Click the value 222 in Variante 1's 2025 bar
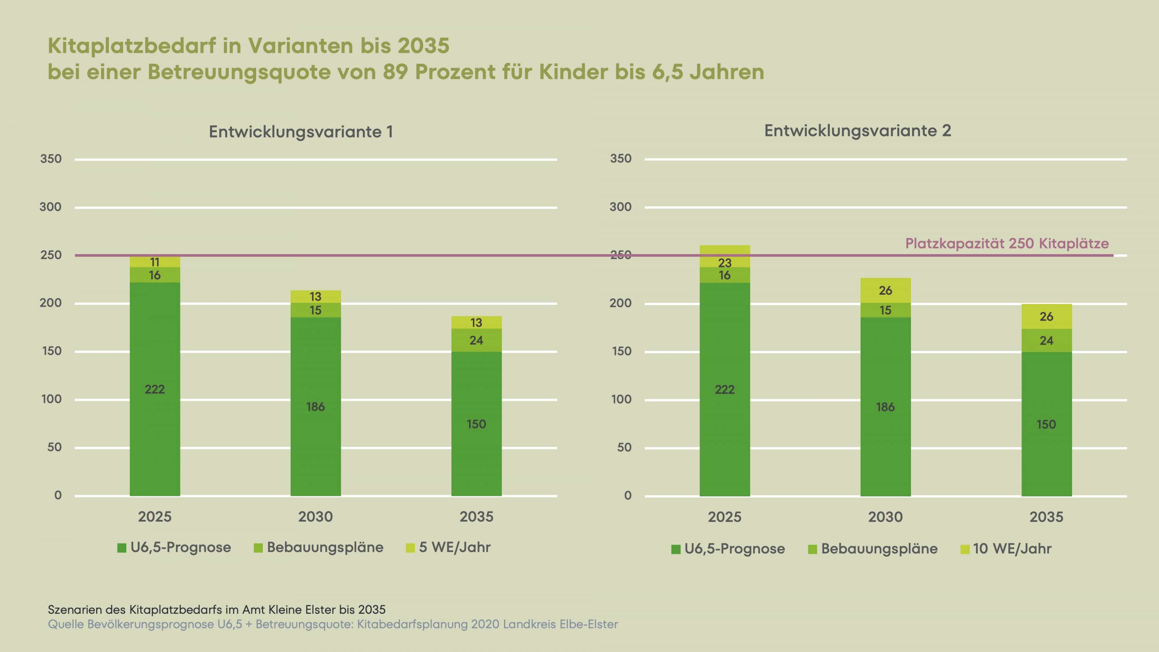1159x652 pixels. (155, 389)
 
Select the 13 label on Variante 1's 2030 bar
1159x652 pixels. (315, 297)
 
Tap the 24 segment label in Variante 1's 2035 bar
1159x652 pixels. (476, 340)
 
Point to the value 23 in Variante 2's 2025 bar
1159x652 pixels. (725, 263)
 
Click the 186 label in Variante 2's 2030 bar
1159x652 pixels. (885, 407)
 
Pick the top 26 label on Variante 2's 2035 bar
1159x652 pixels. (1047, 317)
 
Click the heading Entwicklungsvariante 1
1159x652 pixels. (301, 132)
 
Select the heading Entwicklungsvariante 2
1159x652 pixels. (858, 131)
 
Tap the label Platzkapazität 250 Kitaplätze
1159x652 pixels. (1007, 243)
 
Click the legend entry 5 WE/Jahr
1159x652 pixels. (448, 547)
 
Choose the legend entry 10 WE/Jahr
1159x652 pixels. (1006, 548)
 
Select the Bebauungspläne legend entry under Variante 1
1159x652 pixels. (319, 548)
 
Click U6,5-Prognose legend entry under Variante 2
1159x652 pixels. (728, 549)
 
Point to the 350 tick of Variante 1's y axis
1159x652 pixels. (51, 159)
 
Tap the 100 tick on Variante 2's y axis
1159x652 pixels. (621, 399)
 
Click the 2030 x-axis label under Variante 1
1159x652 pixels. (315, 516)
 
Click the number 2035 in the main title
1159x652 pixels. (423, 46)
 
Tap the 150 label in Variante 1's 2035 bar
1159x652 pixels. (476, 424)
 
